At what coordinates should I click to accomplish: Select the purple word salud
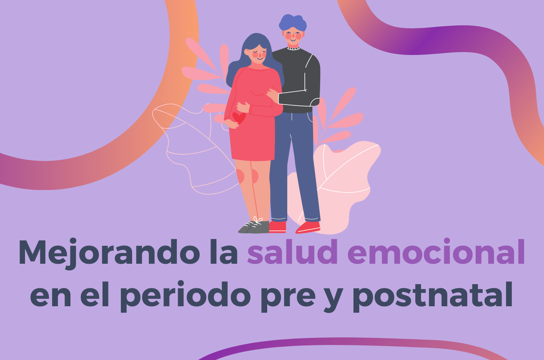(x=292, y=251)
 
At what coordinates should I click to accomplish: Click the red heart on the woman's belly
(x=239, y=117)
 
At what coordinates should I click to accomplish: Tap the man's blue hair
(x=293, y=23)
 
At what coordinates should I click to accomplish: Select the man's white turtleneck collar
(x=293, y=49)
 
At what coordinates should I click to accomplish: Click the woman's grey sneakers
(x=254, y=227)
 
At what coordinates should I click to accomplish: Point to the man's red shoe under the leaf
(x=308, y=227)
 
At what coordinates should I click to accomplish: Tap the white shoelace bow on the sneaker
(x=258, y=220)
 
